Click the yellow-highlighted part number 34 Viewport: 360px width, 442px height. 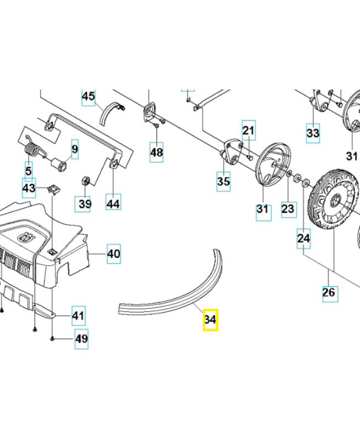point(210,319)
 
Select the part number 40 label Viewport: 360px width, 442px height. point(113,254)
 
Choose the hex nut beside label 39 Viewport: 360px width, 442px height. point(86,181)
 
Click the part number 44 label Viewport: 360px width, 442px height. point(113,204)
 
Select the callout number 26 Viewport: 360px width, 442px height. point(329,292)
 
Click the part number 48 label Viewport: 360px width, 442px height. point(157,152)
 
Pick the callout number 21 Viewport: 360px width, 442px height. point(249,131)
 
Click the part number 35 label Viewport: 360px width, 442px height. point(223,181)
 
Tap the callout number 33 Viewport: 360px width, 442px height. point(313,133)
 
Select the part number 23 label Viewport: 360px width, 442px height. point(288,209)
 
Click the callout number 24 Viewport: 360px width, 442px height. point(304,239)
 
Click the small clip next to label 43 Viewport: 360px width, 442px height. point(54,189)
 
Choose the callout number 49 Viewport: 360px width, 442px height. point(82,339)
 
